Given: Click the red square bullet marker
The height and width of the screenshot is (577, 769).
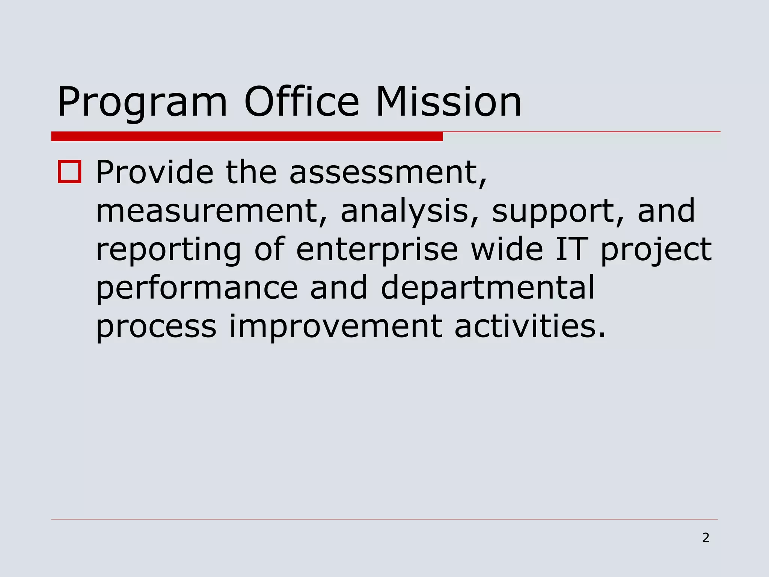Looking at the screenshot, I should pyautogui.click(x=70, y=172).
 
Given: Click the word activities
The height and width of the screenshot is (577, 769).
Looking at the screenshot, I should pyautogui.click(x=530, y=326).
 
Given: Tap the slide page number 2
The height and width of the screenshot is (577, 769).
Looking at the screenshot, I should pyautogui.click(x=706, y=538).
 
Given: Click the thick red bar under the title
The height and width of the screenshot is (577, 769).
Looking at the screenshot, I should pyautogui.click(x=247, y=136).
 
